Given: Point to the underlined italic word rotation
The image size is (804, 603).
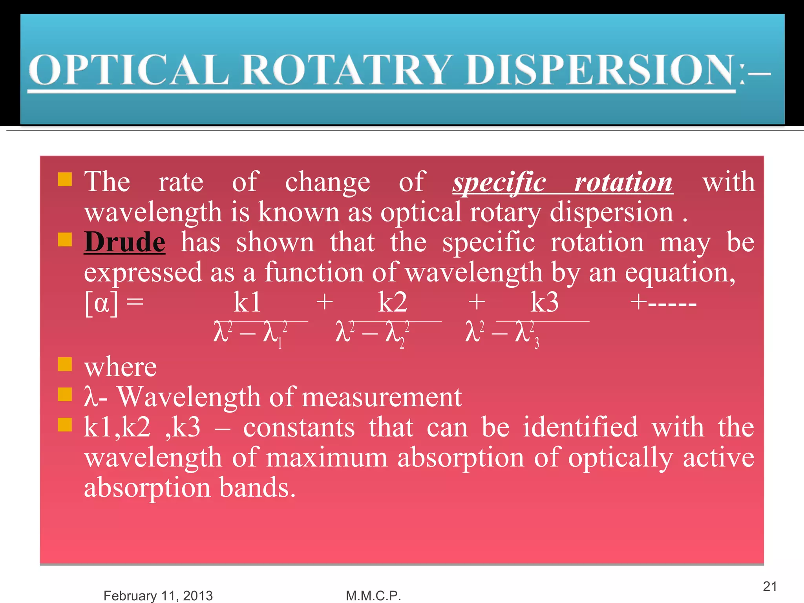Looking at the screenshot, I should click(x=623, y=183).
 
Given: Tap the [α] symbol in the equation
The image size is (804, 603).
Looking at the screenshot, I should click(x=101, y=303).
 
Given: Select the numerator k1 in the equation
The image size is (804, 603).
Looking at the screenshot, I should click(x=247, y=303).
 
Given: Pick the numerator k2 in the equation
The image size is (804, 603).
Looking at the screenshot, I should click(x=393, y=303).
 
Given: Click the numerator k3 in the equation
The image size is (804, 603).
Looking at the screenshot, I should click(x=545, y=303).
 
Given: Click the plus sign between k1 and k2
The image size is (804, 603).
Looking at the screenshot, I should click(x=325, y=303).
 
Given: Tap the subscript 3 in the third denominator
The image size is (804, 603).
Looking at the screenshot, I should click(x=537, y=344).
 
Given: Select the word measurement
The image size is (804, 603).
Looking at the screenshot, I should click(x=382, y=397).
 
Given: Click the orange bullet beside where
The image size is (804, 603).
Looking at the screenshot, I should click(x=65, y=364).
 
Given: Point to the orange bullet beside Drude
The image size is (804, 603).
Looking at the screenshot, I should click(x=65, y=239).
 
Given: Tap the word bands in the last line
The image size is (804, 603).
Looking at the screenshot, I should click(x=257, y=488).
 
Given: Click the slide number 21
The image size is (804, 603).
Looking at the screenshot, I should click(x=770, y=586).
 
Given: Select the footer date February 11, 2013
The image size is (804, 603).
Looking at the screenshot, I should click(x=158, y=596).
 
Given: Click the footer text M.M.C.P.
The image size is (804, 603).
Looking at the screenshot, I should click(x=373, y=596).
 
